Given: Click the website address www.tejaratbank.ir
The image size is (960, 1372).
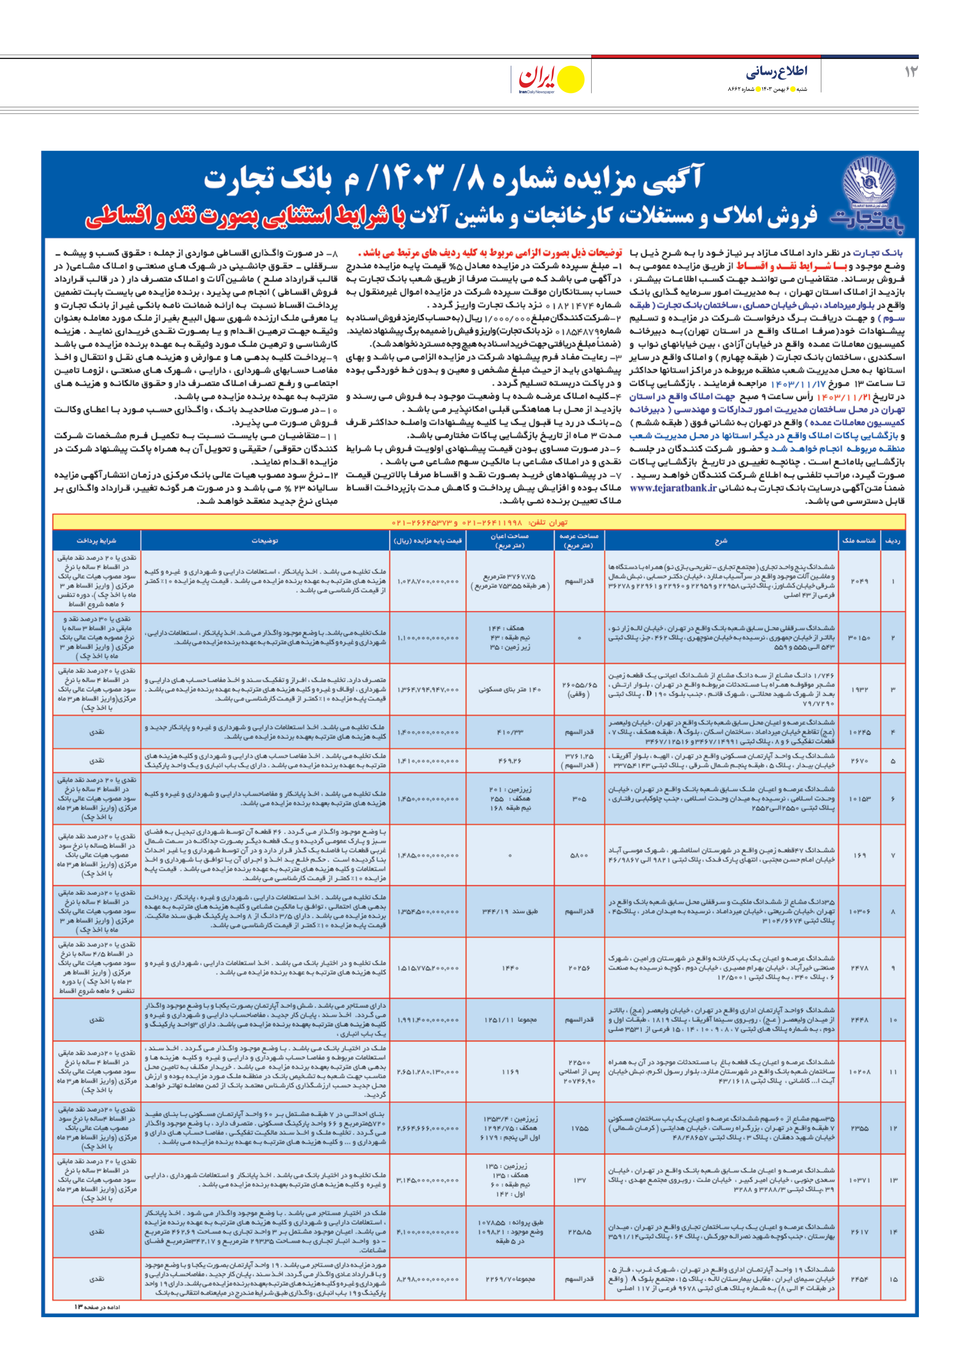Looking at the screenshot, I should [673, 488].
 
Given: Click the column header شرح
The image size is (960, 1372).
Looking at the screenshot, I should [721, 541].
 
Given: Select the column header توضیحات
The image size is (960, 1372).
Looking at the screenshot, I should [265, 541].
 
